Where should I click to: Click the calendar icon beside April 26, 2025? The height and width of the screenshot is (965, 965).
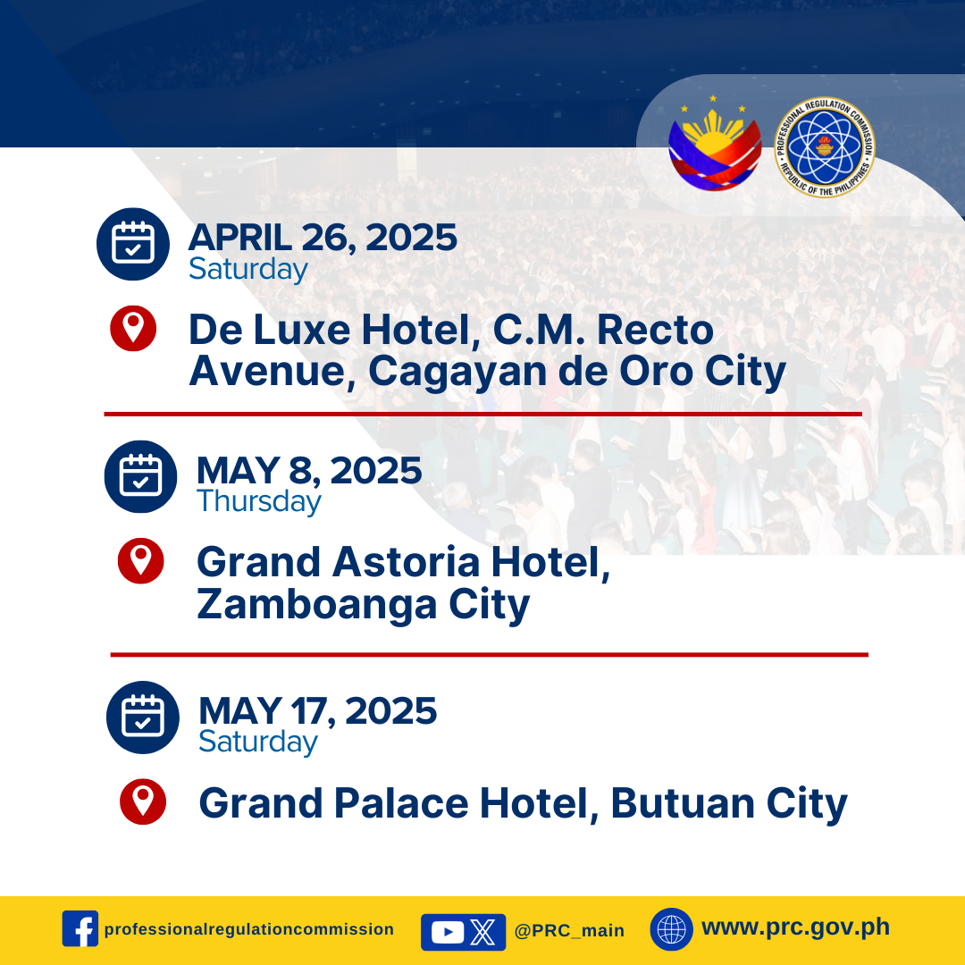click(133, 244)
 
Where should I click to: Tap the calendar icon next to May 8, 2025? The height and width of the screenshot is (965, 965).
click(140, 476)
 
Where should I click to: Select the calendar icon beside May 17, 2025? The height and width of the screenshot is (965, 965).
click(143, 717)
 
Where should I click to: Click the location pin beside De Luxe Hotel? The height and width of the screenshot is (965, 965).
click(133, 328)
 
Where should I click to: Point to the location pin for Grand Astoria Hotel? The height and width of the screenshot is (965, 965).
click(141, 560)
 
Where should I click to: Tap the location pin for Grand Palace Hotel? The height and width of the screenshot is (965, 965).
click(143, 801)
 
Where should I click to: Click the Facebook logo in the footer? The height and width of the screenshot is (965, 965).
click(80, 928)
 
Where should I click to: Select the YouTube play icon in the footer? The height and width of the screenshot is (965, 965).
click(448, 932)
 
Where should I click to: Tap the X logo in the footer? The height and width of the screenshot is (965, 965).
click(482, 932)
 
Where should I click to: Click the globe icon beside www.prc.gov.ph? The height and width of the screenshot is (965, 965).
click(671, 929)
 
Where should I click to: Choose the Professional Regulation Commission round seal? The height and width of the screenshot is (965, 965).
click(824, 147)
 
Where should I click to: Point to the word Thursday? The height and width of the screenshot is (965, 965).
click(259, 501)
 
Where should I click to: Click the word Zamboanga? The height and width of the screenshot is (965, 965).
click(317, 605)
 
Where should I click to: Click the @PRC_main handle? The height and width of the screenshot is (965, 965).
click(569, 930)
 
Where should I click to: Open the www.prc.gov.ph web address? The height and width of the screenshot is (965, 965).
click(796, 927)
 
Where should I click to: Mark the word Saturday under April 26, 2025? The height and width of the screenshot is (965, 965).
click(248, 269)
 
